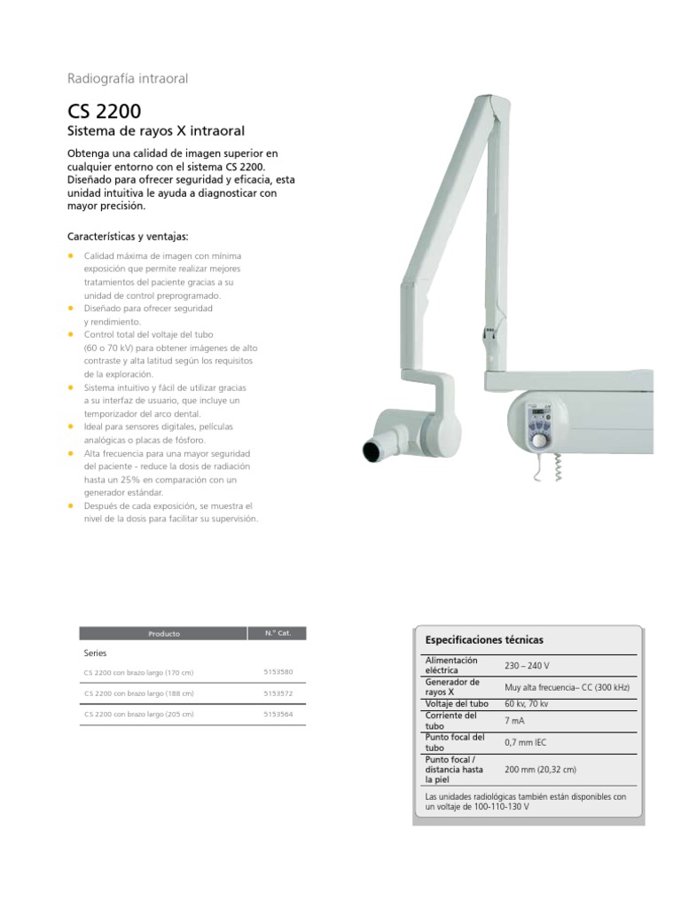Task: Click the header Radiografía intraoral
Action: pyautogui.click(x=128, y=78)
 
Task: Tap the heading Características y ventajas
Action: pyautogui.click(x=128, y=237)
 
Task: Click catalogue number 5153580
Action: pyautogui.click(x=278, y=671)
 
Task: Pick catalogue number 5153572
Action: pyautogui.click(x=278, y=693)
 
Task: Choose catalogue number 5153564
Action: pyautogui.click(x=278, y=714)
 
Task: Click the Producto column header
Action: pyautogui.click(x=164, y=634)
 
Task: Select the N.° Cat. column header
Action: pyautogui.click(x=278, y=633)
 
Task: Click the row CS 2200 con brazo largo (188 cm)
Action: pyautogui.click(x=138, y=693)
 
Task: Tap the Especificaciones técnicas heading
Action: pyautogui.click(x=485, y=639)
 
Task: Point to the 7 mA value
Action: pyautogui.click(x=515, y=721)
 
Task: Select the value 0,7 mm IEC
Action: pyautogui.click(x=525, y=742)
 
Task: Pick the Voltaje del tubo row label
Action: pyautogui.click(x=457, y=704)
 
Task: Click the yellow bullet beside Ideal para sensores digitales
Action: pyautogui.click(x=71, y=427)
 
